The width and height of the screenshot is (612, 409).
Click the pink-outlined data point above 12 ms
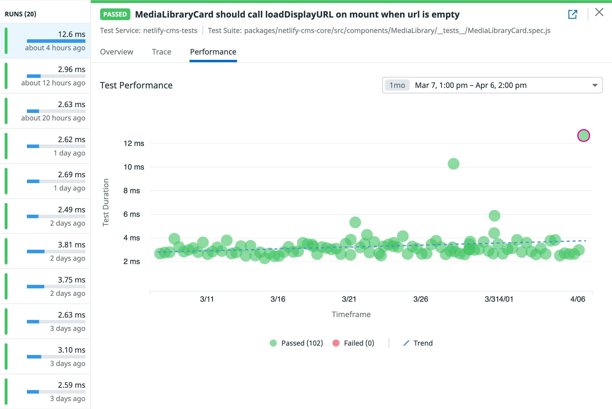click(x=583, y=136)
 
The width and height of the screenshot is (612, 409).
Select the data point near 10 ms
click(x=453, y=164)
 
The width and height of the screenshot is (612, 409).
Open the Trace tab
click(x=161, y=52)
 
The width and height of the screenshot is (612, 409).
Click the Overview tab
click(x=117, y=52)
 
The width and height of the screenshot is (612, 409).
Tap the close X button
click(x=599, y=12)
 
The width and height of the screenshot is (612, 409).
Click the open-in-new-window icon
click(x=573, y=14)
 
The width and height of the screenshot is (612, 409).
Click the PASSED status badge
click(x=115, y=14)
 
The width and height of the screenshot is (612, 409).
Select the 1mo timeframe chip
click(x=397, y=85)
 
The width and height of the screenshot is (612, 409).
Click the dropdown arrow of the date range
click(x=595, y=85)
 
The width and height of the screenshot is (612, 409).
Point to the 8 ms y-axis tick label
click(x=132, y=191)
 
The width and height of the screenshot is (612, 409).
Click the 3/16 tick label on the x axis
click(x=278, y=299)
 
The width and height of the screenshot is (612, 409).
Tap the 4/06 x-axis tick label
click(x=578, y=299)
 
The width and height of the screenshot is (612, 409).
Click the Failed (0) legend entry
click(x=353, y=343)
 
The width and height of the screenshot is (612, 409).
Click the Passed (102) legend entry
click(x=296, y=343)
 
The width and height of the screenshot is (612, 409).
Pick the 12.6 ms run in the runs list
click(x=45, y=41)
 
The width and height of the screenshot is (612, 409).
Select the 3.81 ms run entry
click(x=45, y=251)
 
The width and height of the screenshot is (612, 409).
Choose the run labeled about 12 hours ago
click(x=45, y=76)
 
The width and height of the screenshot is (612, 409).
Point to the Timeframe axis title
click(x=351, y=314)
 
